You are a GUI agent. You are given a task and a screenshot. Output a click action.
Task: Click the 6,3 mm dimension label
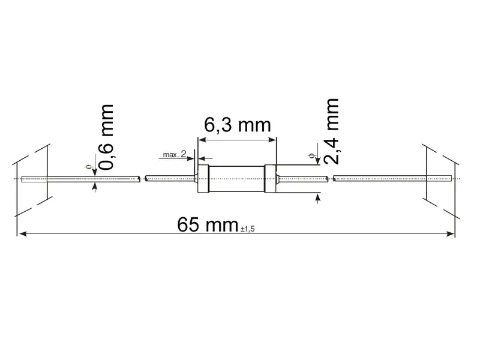238,126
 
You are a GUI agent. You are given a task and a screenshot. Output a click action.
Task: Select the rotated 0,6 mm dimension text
106,137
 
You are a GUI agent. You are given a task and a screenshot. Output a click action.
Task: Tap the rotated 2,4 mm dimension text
332,131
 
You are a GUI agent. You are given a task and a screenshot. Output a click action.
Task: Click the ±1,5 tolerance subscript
251,229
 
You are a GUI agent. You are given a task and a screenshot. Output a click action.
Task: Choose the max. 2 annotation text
175,155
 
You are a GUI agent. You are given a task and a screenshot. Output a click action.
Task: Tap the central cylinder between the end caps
237,178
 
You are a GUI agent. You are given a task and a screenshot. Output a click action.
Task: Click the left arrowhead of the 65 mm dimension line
21,233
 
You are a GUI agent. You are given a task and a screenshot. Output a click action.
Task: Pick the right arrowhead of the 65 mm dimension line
451,233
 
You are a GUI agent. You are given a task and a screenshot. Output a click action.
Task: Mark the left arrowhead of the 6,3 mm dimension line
202,140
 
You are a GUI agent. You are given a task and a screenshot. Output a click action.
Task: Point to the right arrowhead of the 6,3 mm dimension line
273,140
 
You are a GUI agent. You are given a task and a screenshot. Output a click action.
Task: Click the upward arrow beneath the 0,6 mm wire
95,187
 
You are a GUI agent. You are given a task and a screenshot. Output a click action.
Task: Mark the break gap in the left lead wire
143,178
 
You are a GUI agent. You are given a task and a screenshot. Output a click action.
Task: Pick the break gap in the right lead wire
330,178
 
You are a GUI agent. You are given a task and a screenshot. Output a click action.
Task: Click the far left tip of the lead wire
22,178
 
